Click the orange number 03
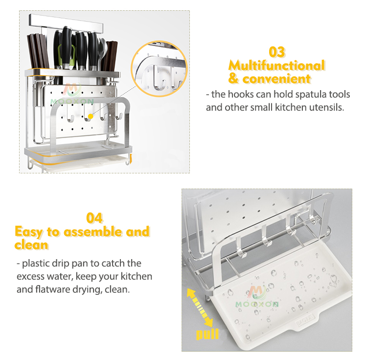tap(277, 52)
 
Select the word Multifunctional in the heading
tap(276, 65)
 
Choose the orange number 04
tap(94, 218)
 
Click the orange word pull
tap(207, 335)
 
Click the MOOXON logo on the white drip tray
tap(257, 296)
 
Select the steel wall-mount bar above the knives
tap(68, 21)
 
